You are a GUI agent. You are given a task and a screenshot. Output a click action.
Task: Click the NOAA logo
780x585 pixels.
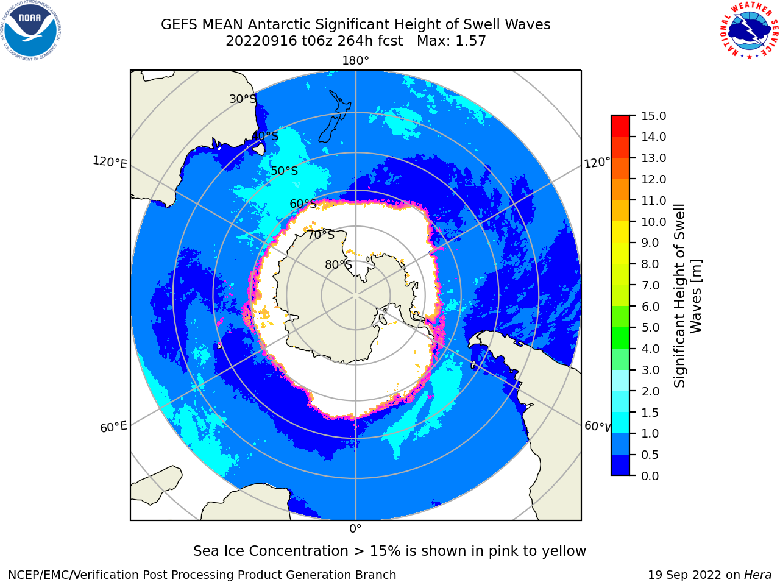pyautogui.click(x=30, y=30)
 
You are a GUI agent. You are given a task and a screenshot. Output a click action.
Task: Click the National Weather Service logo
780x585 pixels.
pyautogui.click(x=750, y=30)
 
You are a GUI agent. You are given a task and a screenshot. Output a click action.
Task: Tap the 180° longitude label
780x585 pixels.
pyautogui.click(x=355, y=61)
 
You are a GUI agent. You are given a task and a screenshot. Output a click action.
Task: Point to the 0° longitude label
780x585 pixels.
pyautogui.click(x=355, y=529)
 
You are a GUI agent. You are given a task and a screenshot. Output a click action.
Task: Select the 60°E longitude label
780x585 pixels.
pyautogui.click(x=113, y=427)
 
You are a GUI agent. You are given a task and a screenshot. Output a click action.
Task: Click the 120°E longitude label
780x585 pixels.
pyautogui.click(x=110, y=162)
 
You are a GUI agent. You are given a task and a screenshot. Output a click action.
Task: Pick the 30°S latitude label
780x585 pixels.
pyautogui.click(x=243, y=99)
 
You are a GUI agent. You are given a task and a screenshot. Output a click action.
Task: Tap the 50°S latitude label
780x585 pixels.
pyautogui.click(x=285, y=171)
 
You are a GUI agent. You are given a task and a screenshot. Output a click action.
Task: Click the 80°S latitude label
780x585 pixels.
pyautogui.click(x=338, y=264)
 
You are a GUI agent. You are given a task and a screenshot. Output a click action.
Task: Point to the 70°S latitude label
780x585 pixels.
pyautogui.click(x=321, y=235)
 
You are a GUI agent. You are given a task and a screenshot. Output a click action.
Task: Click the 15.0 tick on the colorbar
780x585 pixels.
pyautogui.click(x=653, y=116)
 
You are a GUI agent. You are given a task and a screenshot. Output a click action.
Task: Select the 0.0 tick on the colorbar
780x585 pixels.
pyautogui.click(x=650, y=476)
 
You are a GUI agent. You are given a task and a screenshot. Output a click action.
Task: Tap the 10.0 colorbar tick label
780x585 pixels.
pyautogui.click(x=653, y=222)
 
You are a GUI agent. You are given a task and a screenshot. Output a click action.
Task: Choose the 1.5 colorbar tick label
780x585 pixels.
pyautogui.click(x=650, y=413)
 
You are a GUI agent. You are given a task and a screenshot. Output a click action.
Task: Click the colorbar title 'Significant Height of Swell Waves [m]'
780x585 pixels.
pyautogui.click(x=687, y=296)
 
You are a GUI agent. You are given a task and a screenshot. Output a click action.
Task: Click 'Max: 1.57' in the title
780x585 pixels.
pyautogui.click(x=452, y=41)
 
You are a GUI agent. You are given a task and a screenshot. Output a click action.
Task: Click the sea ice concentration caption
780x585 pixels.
pyautogui.click(x=389, y=551)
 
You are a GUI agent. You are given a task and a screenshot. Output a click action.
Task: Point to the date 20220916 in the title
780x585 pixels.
pyautogui.click(x=261, y=41)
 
